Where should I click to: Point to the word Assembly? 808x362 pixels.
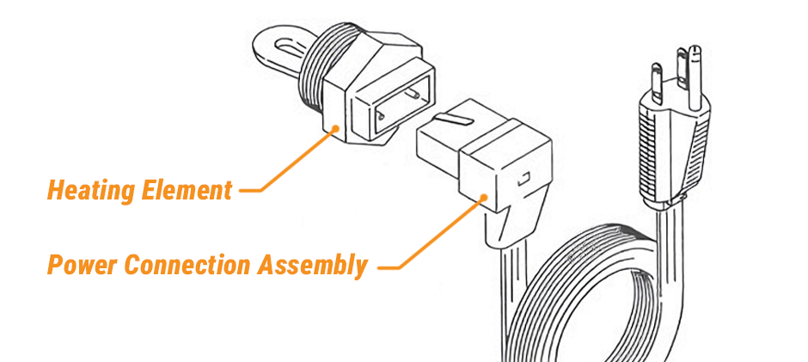314,266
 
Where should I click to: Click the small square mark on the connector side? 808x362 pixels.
523,181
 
